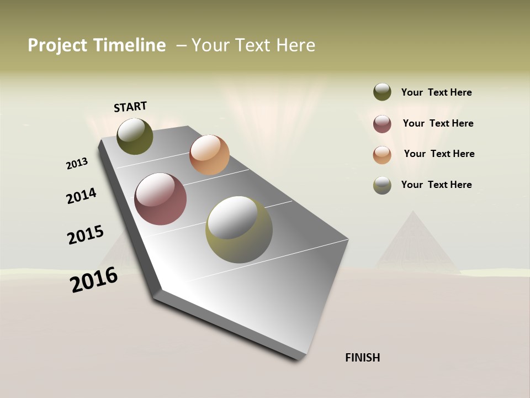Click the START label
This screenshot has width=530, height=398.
[130, 107]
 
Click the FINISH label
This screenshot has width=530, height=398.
[362, 358]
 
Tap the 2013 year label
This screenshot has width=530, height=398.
[77, 164]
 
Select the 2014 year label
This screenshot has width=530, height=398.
[81, 196]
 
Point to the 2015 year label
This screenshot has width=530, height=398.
[86, 234]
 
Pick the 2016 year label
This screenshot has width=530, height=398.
[94, 280]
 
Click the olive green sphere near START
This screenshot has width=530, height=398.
[135, 136]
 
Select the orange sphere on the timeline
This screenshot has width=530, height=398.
[209, 155]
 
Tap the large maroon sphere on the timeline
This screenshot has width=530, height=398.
[160, 199]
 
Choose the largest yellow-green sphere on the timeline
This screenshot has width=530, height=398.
[239, 229]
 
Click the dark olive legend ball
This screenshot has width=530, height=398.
[382, 92]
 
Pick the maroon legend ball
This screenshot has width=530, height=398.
[382, 124]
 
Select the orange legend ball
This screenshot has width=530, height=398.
[382, 155]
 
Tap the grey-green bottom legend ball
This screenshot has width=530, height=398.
[382, 185]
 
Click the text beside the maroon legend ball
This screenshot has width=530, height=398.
[438, 123]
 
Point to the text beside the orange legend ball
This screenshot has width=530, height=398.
[439, 154]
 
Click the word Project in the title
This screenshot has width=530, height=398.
[57, 45]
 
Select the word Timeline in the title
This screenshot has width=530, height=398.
[129, 45]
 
